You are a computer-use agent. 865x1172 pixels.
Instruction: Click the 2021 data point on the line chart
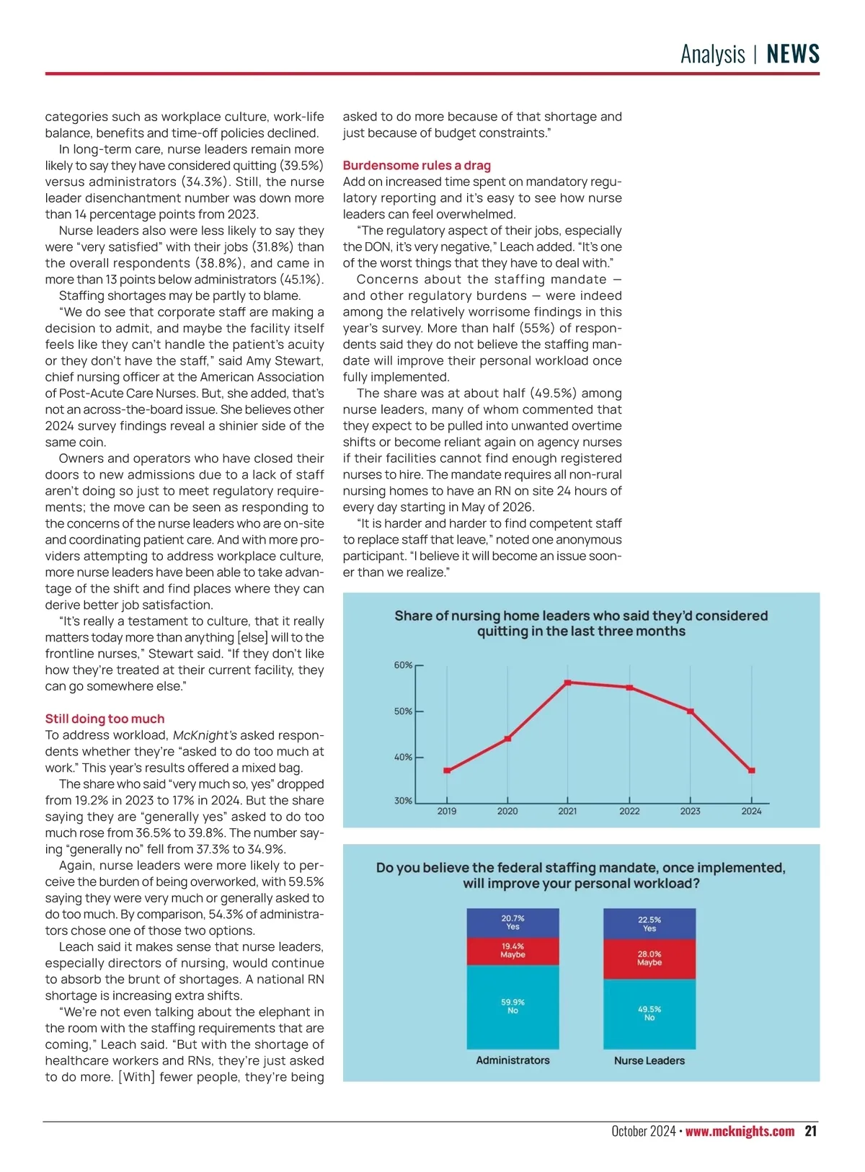pos(568,683)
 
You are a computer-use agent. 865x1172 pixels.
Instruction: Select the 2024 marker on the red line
pos(751,771)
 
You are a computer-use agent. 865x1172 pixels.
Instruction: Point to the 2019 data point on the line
pos(447,771)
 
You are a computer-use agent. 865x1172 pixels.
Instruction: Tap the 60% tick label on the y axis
pos(403,665)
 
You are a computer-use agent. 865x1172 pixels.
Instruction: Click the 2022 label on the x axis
pos(629,811)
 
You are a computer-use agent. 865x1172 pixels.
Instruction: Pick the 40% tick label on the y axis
pos(403,758)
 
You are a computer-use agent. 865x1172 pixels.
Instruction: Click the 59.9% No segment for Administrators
pos(513,1007)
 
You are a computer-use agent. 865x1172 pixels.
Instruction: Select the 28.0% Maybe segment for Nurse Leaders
pos(649,959)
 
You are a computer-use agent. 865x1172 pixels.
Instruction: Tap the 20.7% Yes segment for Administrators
pos(513,923)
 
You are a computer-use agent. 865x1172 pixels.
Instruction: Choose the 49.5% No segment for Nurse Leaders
pos(649,1013)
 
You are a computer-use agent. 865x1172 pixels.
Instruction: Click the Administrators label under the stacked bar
pos(513,1060)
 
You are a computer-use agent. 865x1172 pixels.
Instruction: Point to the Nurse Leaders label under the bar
pos(649,1060)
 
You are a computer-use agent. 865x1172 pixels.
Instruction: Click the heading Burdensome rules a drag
pos(417,166)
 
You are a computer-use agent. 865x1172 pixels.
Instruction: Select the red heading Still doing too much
pos(105,719)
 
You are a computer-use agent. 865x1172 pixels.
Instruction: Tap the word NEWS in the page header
pos(793,54)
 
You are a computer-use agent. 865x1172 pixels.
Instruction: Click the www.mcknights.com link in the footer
pos(740,1131)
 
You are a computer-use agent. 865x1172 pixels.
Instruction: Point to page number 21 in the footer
pos(811,1131)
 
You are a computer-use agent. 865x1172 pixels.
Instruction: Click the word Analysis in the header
pos(713,54)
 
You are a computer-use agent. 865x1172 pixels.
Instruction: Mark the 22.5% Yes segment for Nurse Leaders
pos(649,924)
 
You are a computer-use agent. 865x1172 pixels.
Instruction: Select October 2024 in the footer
pos(643,1131)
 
